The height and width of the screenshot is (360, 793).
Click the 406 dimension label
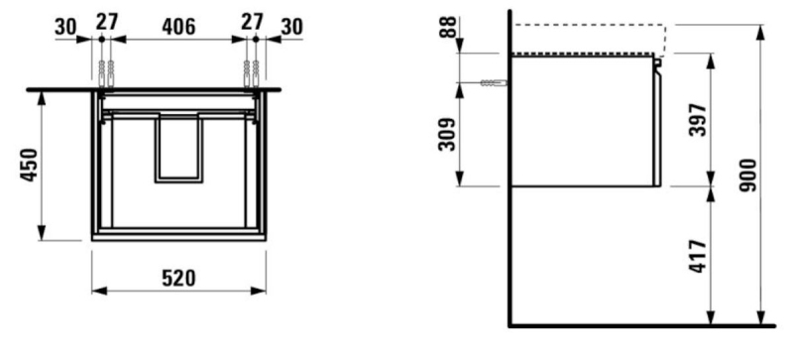tap(178, 27)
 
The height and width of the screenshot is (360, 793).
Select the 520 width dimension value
tap(178, 278)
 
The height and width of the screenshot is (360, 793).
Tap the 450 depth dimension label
tap(29, 165)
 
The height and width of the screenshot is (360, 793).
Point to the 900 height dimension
tap(748, 176)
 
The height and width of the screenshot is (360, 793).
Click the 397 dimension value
tap(698, 120)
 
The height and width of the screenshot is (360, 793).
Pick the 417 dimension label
tap(698, 257)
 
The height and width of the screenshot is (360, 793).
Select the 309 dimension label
tap(447, 135)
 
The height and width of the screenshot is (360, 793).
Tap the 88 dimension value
tap(448, 28)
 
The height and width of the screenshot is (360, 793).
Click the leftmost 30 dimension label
tap(65, 27)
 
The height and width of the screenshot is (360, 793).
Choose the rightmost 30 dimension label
tap(291, 27)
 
